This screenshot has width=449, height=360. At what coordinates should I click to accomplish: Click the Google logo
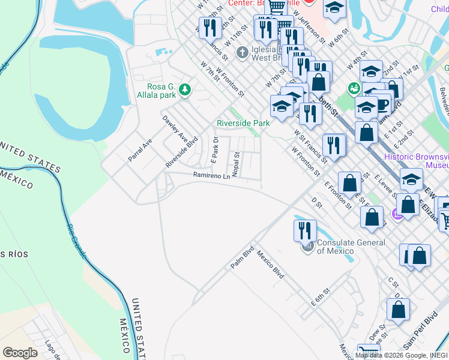[x=20, y=353]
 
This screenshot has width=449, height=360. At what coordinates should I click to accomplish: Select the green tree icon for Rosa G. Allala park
[x=185, y=90]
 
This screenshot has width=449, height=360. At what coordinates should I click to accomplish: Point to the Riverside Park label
[x=243, y=123]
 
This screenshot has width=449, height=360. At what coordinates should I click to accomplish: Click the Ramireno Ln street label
[x=211, y=176]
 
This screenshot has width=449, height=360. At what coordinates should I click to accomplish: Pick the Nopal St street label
[x=237, y=164]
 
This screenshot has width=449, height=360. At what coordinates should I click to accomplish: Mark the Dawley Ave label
[x=175, y=128]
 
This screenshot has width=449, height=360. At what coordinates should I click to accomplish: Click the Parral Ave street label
[x=140, y=150]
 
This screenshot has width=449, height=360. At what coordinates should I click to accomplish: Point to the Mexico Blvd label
[x=270, y=264]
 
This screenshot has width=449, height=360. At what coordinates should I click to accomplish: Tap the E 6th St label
[x=321, y=297]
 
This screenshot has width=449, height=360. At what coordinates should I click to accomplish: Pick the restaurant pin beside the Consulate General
[x=305, y=230]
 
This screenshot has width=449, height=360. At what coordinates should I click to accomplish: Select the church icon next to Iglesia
[x=242, y=52]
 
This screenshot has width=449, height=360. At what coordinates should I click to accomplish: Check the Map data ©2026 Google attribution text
[x=401, y=355]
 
